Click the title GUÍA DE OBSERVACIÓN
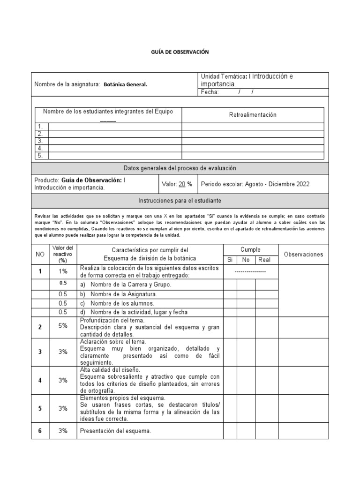180,52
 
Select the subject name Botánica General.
125,84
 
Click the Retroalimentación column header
253,115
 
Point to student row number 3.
41,141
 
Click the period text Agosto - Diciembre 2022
277,184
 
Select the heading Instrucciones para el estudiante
180,200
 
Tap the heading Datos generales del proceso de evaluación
180,168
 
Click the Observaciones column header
303,254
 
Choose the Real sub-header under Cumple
264,260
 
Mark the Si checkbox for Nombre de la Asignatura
230,294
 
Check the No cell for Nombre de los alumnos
246,303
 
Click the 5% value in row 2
63,325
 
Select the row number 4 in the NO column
40,380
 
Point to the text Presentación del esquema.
115,431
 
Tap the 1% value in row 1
63,271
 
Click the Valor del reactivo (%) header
63,254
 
